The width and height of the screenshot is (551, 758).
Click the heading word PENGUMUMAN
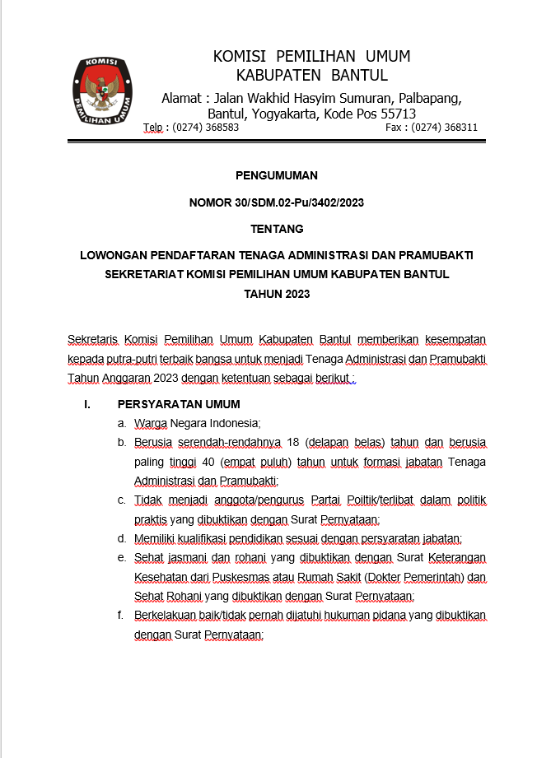276,175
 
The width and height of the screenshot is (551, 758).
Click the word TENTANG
277,229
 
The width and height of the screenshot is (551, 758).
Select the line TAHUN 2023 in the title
277,294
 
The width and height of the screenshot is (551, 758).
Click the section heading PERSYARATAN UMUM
179,404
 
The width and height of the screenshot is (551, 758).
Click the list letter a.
121,424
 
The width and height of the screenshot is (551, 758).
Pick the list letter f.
120,616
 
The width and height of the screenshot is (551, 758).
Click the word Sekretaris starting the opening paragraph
93,339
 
